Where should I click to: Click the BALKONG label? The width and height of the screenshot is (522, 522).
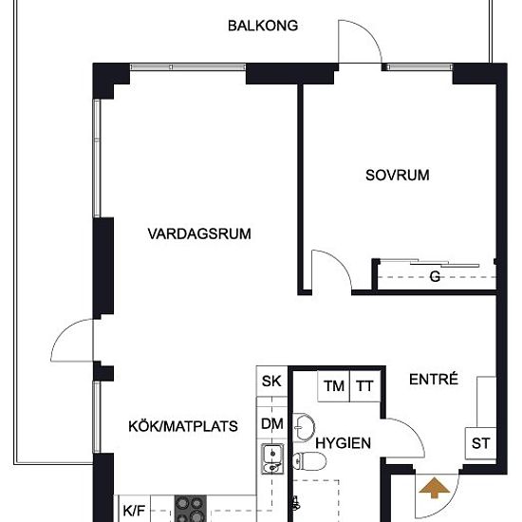tap(263, 26)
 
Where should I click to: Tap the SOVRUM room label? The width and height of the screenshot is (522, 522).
tap(398, 175)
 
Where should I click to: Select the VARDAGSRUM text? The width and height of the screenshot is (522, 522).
tap(199, 233)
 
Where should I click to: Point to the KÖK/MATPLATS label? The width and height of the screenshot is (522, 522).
tap(183, 426)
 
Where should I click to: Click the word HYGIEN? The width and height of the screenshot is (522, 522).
tap(343, 443)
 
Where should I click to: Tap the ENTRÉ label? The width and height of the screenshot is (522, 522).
tap(434, 379)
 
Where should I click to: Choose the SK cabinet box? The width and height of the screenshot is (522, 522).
tap(271, 382)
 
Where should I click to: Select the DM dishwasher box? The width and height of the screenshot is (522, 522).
tap(271, 424)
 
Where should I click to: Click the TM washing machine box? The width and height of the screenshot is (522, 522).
tap(333, 386)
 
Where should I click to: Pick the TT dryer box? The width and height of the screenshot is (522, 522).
tap(364, 386)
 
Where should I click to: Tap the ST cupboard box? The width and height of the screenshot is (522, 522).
tap(480, 443)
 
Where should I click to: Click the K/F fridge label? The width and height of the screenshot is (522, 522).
tap(134, 511)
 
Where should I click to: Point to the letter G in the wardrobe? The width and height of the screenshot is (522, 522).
tap(435, 277)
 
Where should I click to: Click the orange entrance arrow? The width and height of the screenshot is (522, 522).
tap(435, 488)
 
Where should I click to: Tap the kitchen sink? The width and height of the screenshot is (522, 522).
tap(271, 458)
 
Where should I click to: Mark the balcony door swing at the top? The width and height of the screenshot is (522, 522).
tap(361, 42)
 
